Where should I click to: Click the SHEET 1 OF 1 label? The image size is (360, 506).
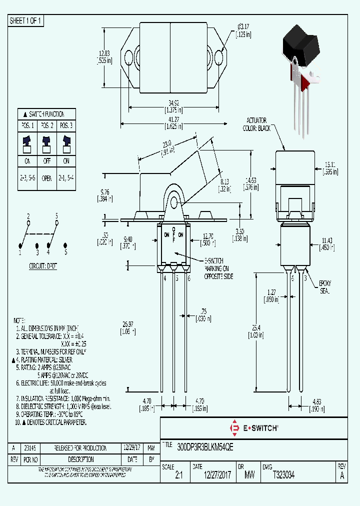click(x=26, y=20)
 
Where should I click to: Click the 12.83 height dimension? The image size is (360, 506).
click(x=103, y=53)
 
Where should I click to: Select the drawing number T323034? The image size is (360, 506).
click(x=283, y=476)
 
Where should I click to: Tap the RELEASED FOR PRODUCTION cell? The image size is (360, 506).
click(x=80, y=447)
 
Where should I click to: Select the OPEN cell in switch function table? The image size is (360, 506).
click(x=46, y=177)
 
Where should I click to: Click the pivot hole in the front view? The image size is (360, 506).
click(x=173, y=202)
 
